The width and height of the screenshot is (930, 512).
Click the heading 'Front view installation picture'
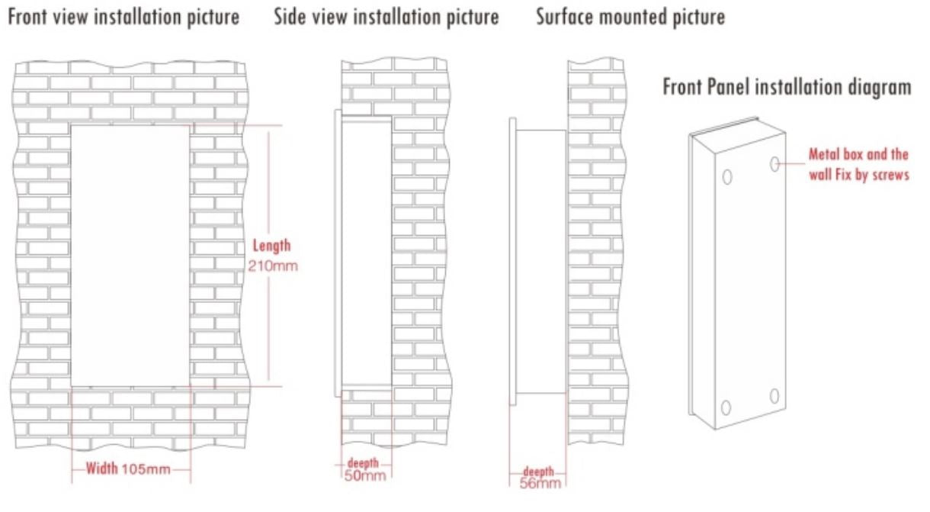click(123, 18)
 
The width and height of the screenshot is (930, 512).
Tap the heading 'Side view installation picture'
click(386, 18)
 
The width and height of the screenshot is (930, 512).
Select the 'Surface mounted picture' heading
click(630, 18)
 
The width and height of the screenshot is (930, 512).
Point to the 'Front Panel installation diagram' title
click(787, 88)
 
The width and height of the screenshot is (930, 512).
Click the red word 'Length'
click(272, 246)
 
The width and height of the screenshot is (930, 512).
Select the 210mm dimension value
click(273, 266)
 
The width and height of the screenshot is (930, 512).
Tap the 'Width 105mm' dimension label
click(128, 469)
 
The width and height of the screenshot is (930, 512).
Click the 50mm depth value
click(365, 476)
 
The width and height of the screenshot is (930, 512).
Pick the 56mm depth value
click(540, 483)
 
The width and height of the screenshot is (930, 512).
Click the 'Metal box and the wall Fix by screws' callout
click(859, 165)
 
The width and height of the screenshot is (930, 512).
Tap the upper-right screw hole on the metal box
click(774, 164)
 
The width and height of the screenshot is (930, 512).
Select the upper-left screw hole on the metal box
click(727, 177)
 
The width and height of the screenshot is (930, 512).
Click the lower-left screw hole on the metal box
click(726, 407)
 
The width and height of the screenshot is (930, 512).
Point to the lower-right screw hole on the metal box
click(774, 396)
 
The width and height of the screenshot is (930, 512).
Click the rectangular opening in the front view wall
click(130, 256)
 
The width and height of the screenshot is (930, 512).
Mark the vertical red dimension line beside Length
click(268, 256)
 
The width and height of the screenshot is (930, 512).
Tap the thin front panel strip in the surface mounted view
click(513, 262)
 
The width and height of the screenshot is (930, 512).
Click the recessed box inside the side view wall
click(366, 253)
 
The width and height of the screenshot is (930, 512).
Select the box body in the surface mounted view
click(541, 262)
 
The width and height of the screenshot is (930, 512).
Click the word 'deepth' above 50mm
click(363, 463)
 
